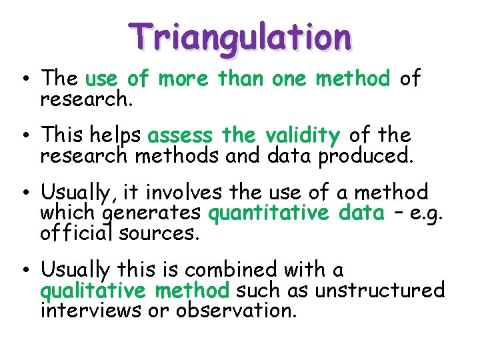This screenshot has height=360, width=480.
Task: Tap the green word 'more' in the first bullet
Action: point(183,79)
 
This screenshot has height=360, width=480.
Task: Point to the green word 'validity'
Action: point(302,136)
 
